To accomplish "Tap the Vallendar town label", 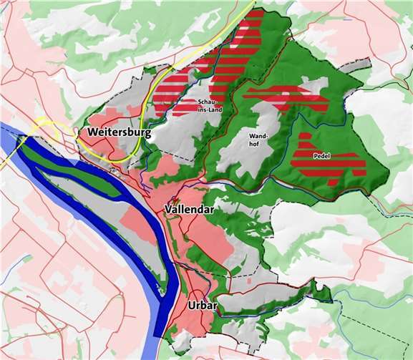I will pyautogui.click(x=189, y=209).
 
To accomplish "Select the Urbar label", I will pyautogui.click(x=203, y=305).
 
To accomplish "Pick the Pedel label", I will pyautogui.click(x=321, y=155).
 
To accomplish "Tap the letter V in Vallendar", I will pyautogui.click(x=167, y=209).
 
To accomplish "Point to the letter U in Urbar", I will pyautogui.click(x=191, y=305).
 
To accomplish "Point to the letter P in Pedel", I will pyautogui.click(x=314, y=155).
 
